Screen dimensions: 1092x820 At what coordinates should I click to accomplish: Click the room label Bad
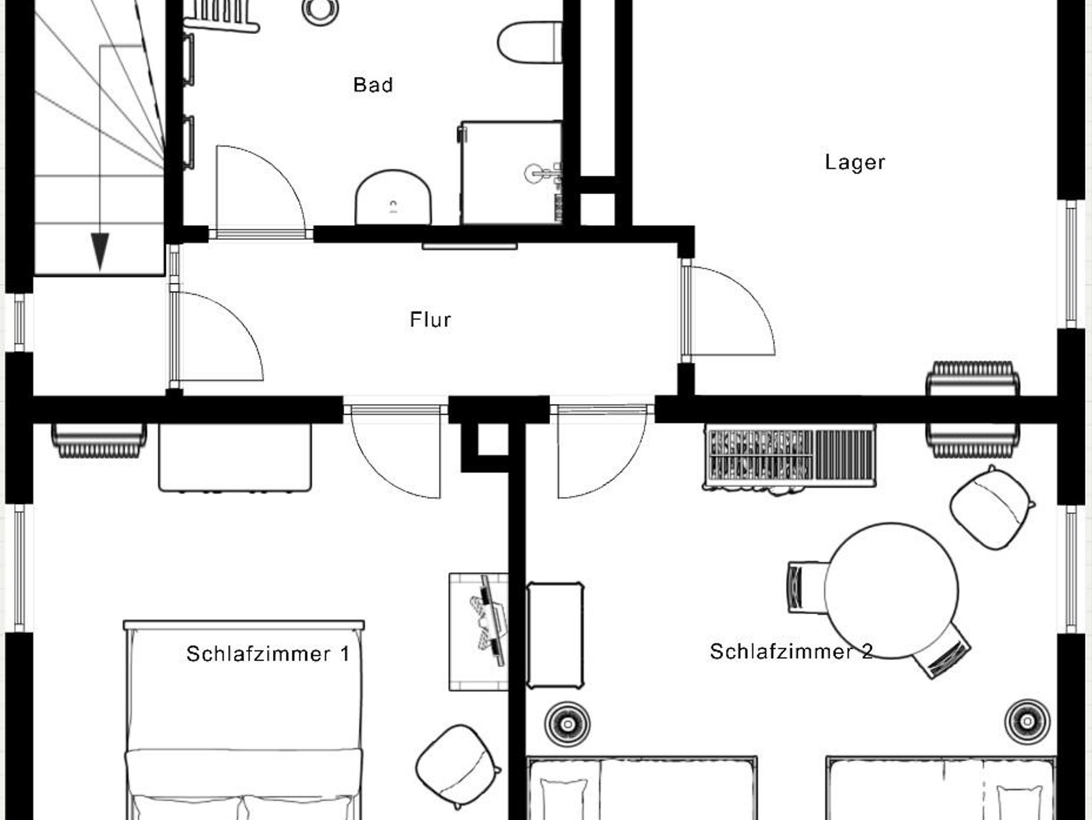373,85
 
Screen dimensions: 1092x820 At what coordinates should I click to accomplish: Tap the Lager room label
855,162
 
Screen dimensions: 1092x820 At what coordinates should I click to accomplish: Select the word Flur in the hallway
430,319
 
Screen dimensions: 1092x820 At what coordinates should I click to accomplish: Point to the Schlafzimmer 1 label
268,654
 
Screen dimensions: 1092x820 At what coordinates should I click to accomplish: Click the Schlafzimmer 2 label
791,651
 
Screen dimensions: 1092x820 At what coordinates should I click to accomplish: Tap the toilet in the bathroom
530,43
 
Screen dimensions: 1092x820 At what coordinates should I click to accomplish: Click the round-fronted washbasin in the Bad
394,198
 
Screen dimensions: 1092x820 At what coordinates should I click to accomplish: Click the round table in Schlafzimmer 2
891,591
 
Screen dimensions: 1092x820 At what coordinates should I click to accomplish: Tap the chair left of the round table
806,587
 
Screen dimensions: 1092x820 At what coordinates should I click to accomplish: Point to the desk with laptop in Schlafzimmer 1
478,632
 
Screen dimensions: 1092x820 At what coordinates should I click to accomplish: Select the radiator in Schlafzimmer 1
99,440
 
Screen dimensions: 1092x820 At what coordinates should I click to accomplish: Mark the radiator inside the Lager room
973,379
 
